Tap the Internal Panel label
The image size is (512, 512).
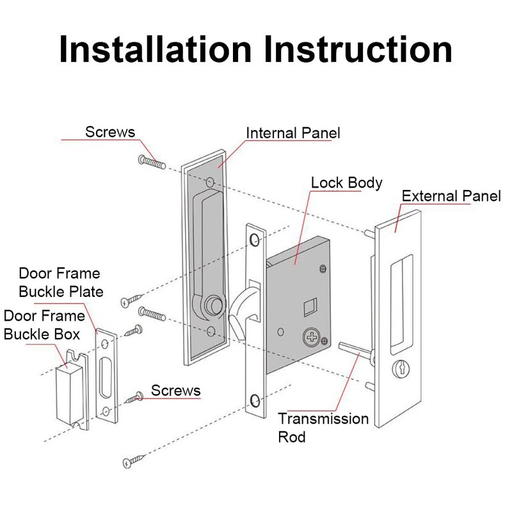click(293, 133)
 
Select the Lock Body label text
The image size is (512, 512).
click(346, 182)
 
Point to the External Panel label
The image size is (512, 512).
click(451, 196)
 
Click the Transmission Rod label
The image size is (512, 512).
click(323, 428)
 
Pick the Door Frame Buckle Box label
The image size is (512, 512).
click(44, 324)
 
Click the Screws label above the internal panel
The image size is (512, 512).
click(110, 132)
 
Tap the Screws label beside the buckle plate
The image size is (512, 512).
click(175, 390)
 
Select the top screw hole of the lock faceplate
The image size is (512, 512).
click(255, 240)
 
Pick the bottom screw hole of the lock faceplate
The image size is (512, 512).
click(255, 401)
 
